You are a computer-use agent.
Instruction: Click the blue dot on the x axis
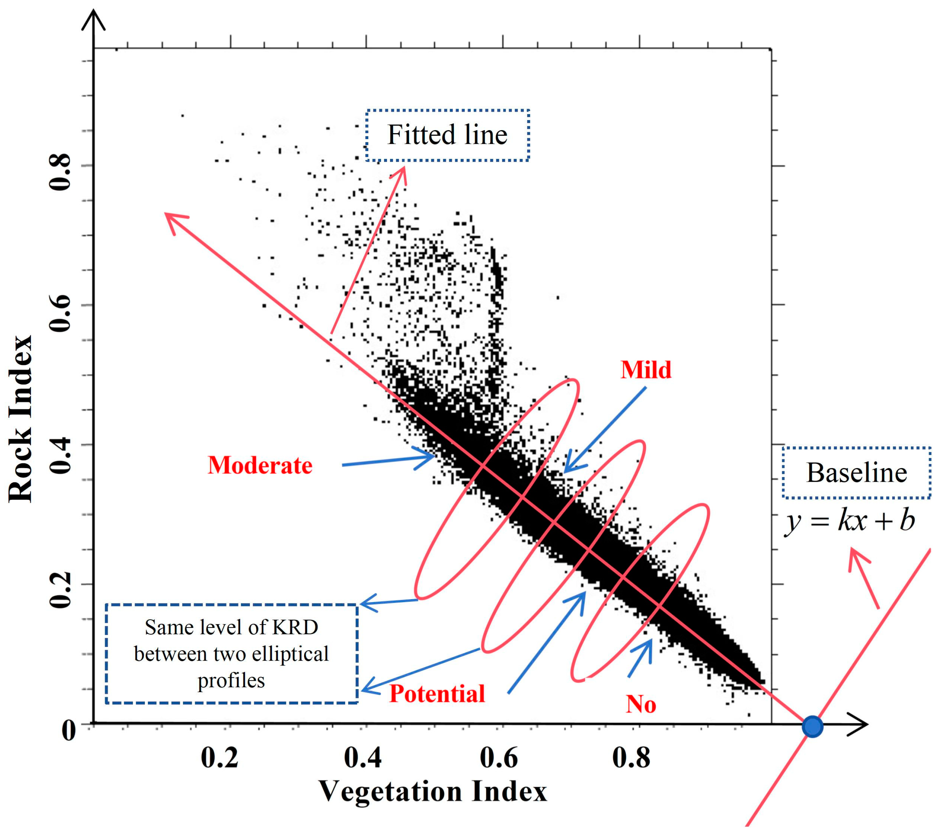point(812,727)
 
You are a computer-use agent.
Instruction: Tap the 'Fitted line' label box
point(448,135)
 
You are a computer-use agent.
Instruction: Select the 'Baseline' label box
point(856,473)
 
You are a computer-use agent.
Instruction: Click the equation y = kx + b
point(849,521)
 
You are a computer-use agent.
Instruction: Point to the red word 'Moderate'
point(260,465)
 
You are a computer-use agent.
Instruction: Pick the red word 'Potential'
point(437,694)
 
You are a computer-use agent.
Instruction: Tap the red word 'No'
point(641,704)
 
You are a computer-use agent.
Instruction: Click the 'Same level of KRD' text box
point(231,653)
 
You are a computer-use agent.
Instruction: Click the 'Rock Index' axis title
point(21,418)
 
